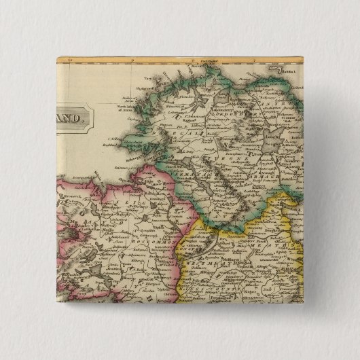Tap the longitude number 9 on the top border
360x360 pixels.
pyautogui.click(x=133, y=61)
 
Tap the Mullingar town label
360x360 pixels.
pyautogui.click(x=234, y=257)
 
